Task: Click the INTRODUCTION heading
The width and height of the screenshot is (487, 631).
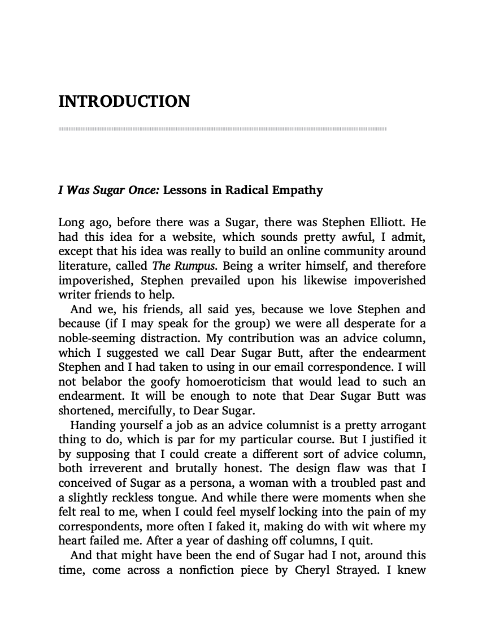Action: pyautogui.click(x=124, y=102)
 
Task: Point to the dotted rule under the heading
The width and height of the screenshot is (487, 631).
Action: pyautogui.click(x=223, y=129)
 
